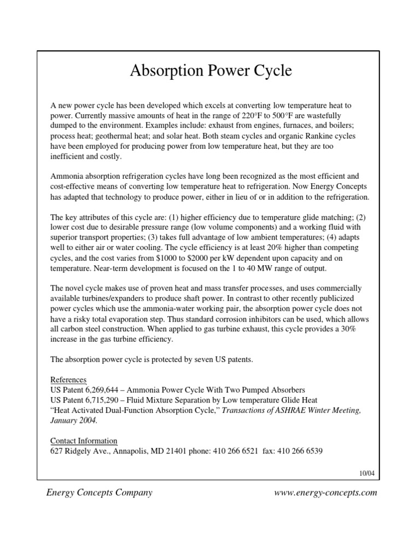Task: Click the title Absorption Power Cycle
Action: point(211,71)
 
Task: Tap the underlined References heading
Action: point(68,380)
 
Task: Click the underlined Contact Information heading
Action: point(84,441)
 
